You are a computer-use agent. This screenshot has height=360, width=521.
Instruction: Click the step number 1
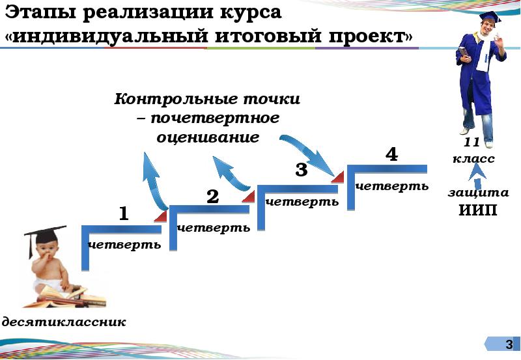(123, 214)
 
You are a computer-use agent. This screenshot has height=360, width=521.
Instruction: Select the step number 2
(212, 197)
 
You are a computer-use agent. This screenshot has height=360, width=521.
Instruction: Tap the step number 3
(300, 171)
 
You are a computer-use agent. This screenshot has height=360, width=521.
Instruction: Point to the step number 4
(391, 155)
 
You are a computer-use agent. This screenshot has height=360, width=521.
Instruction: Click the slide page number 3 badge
(509, 344)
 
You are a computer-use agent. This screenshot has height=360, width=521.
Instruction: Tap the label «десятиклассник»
(63, 322)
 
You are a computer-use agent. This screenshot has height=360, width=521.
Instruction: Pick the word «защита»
(478, 193)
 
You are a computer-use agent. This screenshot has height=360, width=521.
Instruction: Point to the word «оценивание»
(208, 138)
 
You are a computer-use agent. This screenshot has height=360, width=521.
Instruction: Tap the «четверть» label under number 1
(124, 245)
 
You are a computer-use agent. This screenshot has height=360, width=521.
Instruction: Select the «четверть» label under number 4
(392, 186)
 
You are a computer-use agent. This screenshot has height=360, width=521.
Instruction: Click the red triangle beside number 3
(337, 176)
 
